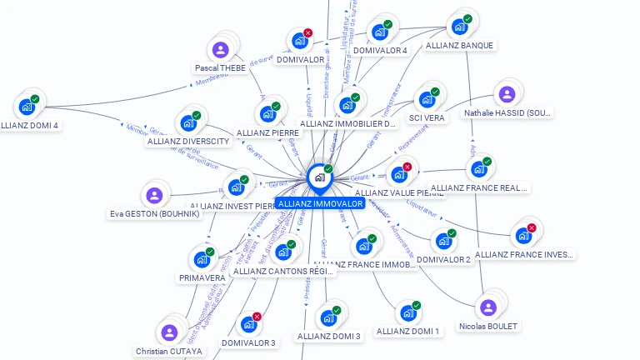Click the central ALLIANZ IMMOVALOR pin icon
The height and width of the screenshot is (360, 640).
[x=319, y=177]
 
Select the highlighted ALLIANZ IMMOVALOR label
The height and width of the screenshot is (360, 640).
[x=321, y=203]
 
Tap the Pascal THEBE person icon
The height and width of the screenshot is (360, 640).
[x=221, y=50]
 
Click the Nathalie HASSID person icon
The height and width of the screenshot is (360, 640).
[x=507, y=94]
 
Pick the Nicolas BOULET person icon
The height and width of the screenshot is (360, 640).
[x=488, y=307]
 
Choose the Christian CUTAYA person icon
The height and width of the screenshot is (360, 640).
[x=169, y=332]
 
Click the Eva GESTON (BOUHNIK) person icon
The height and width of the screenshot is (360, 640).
[x=153, y=196]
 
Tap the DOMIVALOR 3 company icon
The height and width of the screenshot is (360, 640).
[x=248, y=325]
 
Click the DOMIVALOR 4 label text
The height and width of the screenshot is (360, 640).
[x=380, y=50]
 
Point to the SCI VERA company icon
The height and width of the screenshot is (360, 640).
[x=427, y=100]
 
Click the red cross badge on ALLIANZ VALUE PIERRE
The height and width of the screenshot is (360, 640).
[x=407, y=167]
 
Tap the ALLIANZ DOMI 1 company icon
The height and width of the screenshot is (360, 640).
[x=407, y=313]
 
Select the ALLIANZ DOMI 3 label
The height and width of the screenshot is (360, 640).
[x=328, y=336]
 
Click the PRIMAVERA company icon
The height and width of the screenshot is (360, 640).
[x=201, y=260]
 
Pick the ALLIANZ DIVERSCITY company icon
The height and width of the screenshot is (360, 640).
[x=188, y=123]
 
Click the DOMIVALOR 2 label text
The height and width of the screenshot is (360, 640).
[x=443, y=259]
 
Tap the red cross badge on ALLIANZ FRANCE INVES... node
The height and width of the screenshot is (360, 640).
[x=532, y=227]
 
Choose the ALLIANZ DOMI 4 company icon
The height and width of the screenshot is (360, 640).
[x=27, y=107]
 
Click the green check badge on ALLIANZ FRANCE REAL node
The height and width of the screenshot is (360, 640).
[x=487, y=162]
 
